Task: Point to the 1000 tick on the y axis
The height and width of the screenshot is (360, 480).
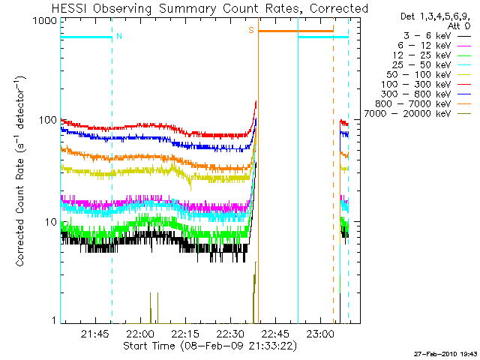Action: point(43,21)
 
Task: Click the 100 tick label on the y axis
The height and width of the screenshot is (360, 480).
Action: point(46,121)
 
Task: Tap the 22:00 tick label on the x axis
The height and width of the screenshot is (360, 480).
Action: point(139,333)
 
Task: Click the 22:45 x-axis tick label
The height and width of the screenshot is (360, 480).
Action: point(275,333)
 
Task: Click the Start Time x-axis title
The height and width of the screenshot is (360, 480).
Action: point(211,346)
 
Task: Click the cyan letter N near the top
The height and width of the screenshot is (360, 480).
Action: point(119,36)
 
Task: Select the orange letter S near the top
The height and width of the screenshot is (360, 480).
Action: point(251,30)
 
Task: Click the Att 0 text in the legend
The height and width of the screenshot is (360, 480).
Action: point(458,25)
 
